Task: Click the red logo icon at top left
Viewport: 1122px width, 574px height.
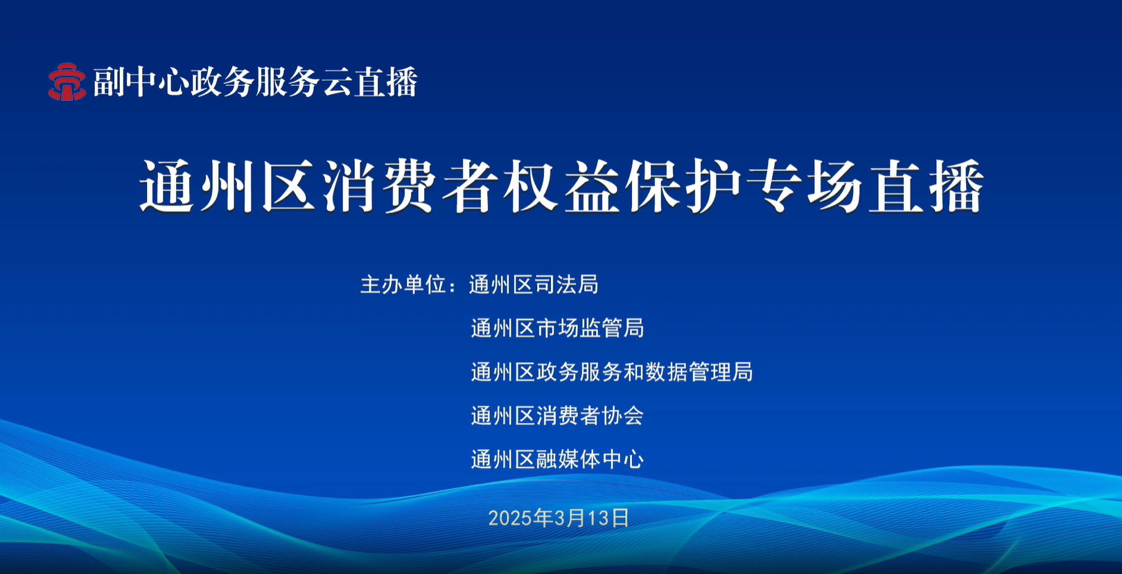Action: click(67, 82)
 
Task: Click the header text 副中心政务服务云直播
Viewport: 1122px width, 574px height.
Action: click(256, 82)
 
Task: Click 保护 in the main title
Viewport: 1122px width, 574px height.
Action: click(685, 187)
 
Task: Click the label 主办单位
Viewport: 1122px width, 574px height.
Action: click(403, 285)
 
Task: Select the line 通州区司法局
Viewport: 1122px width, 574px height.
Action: click(534, 285)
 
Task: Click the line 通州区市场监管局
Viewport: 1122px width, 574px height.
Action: click(557, 328)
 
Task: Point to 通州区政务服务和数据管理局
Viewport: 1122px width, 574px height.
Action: click(611, 372)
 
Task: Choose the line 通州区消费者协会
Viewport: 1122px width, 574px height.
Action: click(557, 415)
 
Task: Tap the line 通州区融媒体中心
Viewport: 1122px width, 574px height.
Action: click(557, 459)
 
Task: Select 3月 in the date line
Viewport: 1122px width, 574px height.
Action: click(566, 518)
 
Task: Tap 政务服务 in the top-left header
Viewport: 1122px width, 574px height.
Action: click(254, 82)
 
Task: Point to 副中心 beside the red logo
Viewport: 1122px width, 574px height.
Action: click(141, 82)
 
